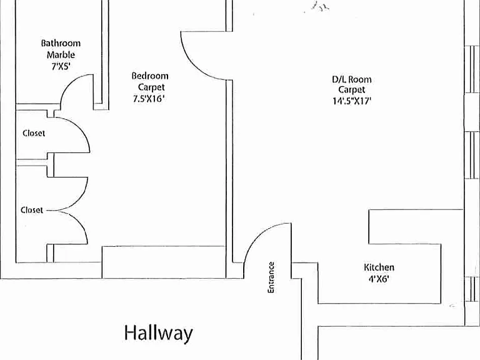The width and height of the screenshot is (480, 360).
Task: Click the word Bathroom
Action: click(61, 43)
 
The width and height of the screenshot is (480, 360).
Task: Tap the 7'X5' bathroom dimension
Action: click(61, 66)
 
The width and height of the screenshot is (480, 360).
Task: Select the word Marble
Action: click(61, 55)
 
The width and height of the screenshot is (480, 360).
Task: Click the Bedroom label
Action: click(150, 76)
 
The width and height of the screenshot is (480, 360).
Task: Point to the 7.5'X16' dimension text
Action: click(149, 99)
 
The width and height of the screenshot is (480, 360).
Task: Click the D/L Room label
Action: click(352, 79)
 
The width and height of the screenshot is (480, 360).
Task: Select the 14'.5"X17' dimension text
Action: click(352, 101)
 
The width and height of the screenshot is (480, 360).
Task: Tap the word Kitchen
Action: click(379, 267)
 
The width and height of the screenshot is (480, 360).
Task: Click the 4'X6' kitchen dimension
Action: click(379, 279)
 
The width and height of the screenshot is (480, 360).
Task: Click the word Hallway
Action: click(159, 333)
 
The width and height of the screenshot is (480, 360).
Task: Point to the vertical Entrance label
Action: click(271, 277)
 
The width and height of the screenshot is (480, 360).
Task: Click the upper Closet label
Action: click(34, 133)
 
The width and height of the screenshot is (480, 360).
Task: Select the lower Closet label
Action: click(32, 210)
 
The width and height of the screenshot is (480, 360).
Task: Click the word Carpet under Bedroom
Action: click(151, 87)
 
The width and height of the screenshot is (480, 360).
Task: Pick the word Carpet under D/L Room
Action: click(352, 90)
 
